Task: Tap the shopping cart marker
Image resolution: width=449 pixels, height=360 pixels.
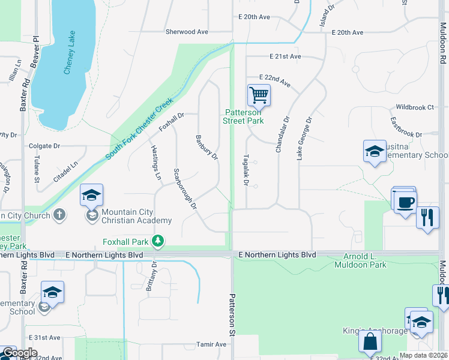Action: coord(259,94)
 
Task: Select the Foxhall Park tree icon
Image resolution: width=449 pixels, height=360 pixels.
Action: coord(158,241)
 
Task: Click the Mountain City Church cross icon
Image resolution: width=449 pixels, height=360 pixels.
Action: coord(59,214)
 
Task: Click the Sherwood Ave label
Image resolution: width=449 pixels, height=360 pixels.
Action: coord(187,31)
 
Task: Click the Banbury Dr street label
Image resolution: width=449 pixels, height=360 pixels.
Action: coord(206,147)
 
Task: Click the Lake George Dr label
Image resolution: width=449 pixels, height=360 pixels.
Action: coord(304,138)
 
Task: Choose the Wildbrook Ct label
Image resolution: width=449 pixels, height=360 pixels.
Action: coord(414,107)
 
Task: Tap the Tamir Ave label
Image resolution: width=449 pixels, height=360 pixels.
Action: coord(211,344)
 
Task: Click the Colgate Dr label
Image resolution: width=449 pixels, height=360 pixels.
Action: coord(45,146)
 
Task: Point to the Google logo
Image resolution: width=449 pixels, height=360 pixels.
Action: coord(19,353)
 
